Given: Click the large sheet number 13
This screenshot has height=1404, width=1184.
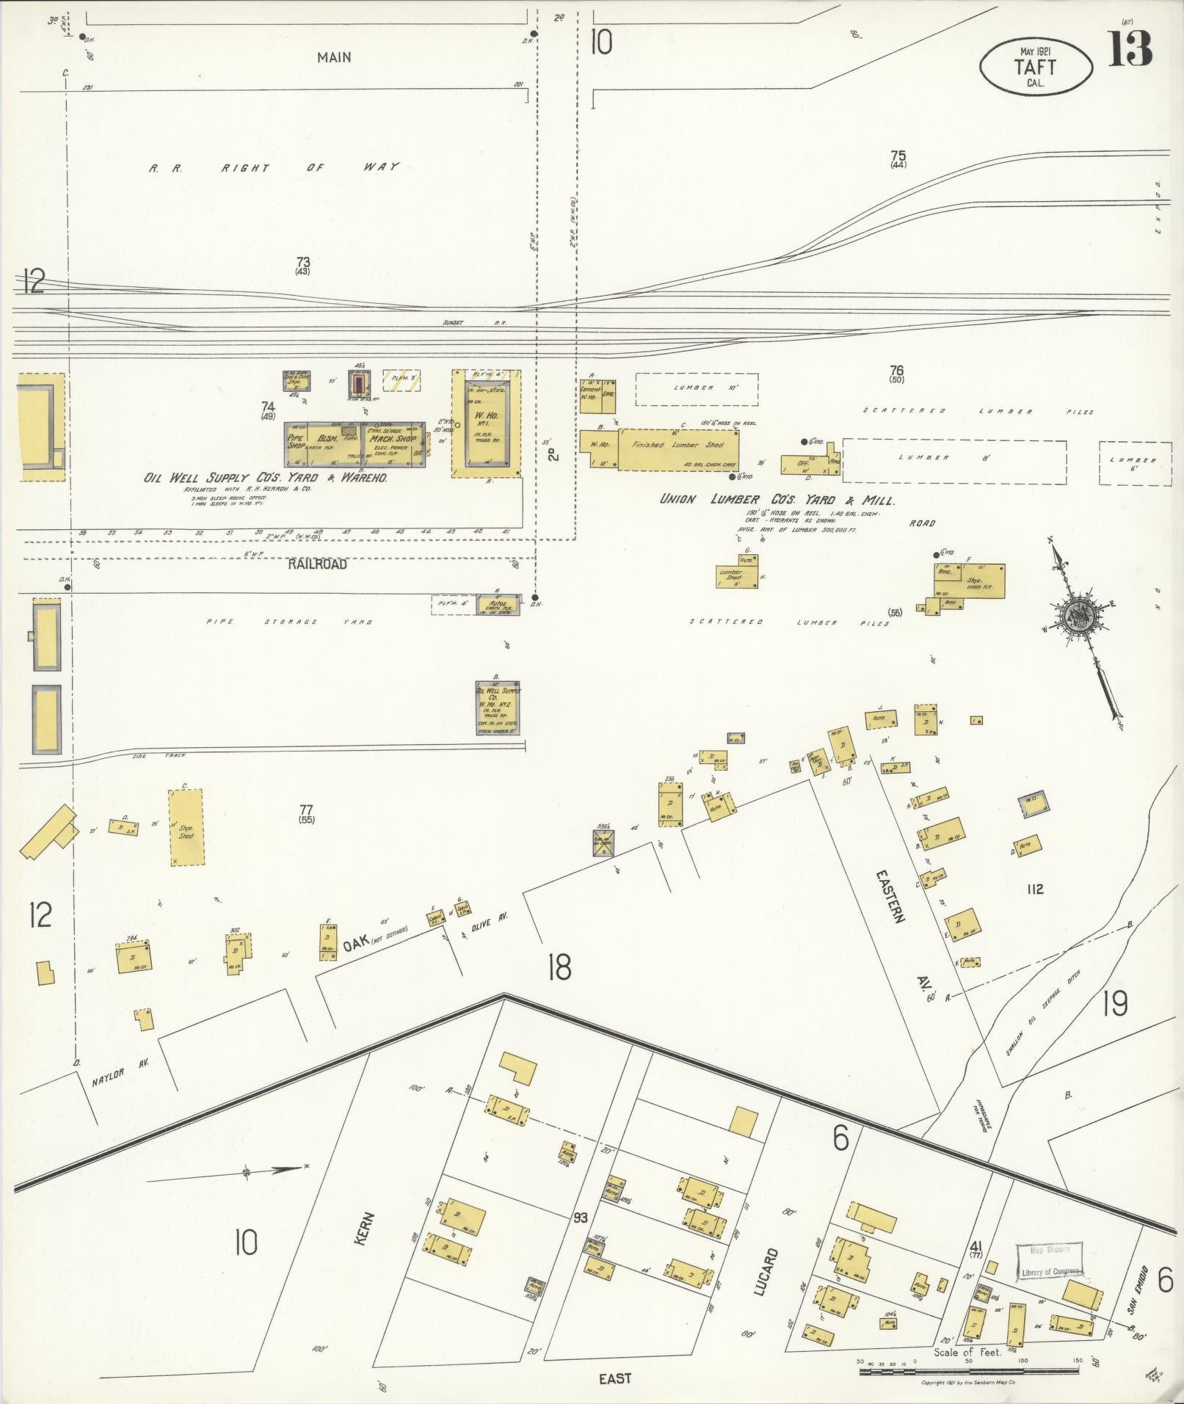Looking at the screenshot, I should (1130, 48).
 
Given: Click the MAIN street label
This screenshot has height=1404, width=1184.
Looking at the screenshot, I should (334, 57).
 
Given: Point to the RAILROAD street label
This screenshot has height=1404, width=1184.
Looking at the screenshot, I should (317, 564).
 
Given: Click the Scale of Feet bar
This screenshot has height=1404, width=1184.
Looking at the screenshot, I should (969, 1364).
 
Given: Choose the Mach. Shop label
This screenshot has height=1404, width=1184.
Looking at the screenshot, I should (393, 438).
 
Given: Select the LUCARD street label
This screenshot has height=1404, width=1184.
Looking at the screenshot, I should (763, 1272).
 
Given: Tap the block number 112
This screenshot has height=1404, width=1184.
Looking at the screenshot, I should (1035, 889).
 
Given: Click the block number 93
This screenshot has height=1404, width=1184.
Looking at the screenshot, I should (581, 1218).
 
